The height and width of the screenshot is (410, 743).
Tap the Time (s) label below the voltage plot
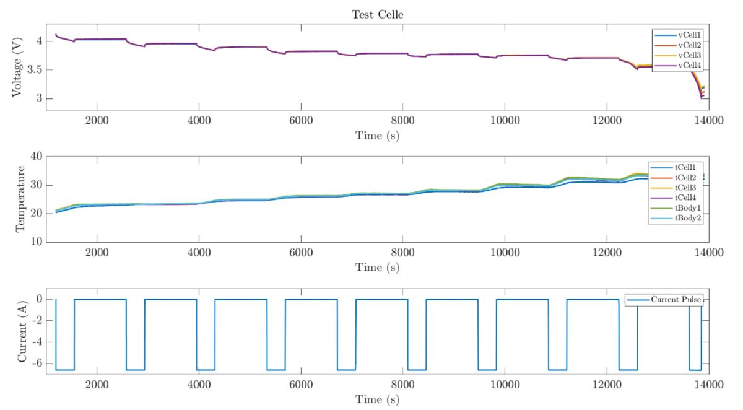point(377,135)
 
